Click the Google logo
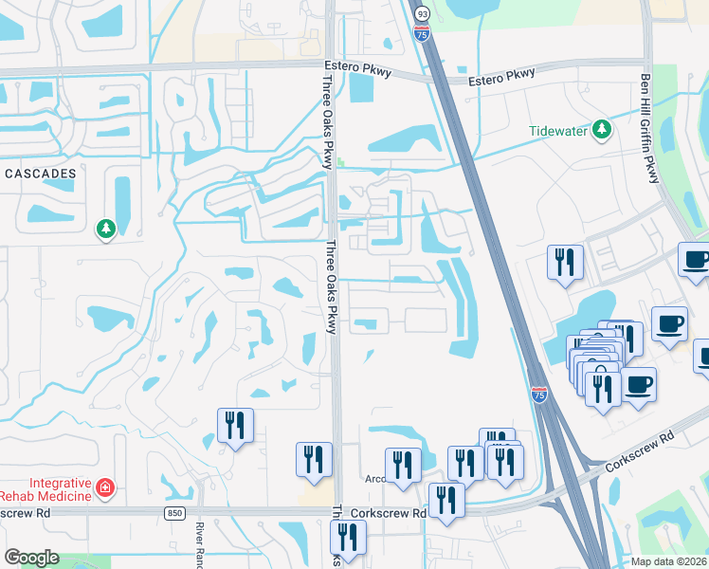(x=31, y=558)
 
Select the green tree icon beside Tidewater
(x=601, y=130)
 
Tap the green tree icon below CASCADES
(x=105, y=229)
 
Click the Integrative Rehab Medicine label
(x=45, y=488)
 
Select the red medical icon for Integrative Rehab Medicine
(x=106, y=488)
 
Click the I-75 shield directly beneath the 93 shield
(x=421, y=35)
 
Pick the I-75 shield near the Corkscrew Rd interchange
(x=538, y=395)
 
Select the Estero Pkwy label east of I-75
(x=501, y=77)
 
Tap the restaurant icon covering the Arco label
(x=403, y=465)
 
